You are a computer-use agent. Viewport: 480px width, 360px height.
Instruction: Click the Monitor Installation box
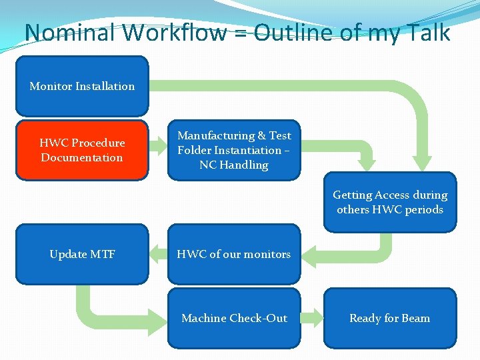point(82,86)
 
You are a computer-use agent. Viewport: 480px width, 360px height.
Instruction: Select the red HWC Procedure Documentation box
point(82,150)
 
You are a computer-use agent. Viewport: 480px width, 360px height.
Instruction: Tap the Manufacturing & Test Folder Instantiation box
point(234,150)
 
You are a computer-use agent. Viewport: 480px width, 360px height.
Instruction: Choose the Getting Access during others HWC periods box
point(390,202)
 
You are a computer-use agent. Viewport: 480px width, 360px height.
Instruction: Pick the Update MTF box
point(82,254)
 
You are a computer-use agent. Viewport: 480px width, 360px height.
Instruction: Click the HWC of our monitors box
point(234,254)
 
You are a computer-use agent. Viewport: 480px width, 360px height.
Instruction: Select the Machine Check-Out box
point(234,318)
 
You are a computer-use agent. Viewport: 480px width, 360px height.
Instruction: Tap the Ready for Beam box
point(390,318)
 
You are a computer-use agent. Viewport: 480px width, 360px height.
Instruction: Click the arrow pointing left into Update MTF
point(158,253)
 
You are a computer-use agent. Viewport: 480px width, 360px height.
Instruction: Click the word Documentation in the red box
point(82,158)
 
